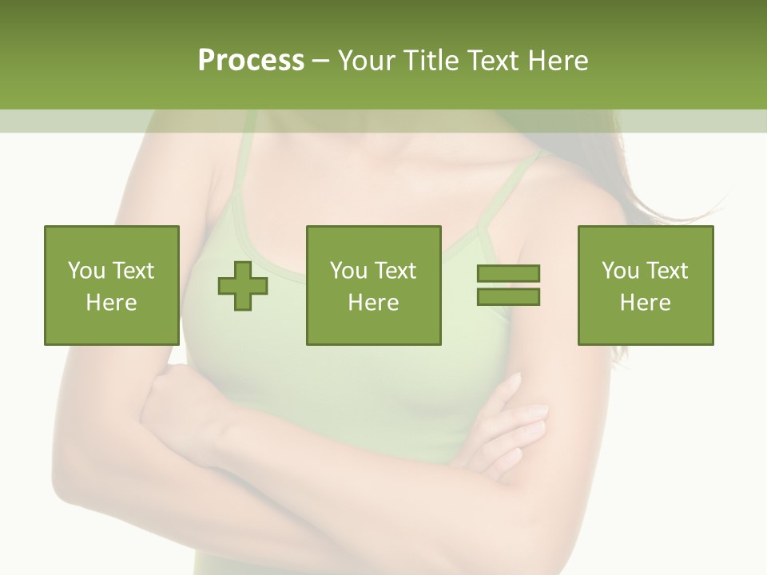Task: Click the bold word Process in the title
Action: click(251, 61)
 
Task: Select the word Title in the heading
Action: click(431, 61)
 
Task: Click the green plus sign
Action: click(243, 286)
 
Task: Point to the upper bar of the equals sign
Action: click(508, 274)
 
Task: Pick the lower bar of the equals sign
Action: click(508, 297)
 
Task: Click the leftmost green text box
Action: click(112, 285)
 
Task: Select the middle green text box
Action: click(373, 285)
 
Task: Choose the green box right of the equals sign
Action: click(646, 285)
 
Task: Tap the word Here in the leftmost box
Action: click(112, 303)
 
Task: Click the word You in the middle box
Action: click(348, 271)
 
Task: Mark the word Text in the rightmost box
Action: click(666, 271)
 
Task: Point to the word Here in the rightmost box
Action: click(646, 303)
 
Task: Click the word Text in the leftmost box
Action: click(133, 271)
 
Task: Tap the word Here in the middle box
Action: click(373, 303)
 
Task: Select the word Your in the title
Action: click(366, 61)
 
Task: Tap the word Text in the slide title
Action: click(493, 61)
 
